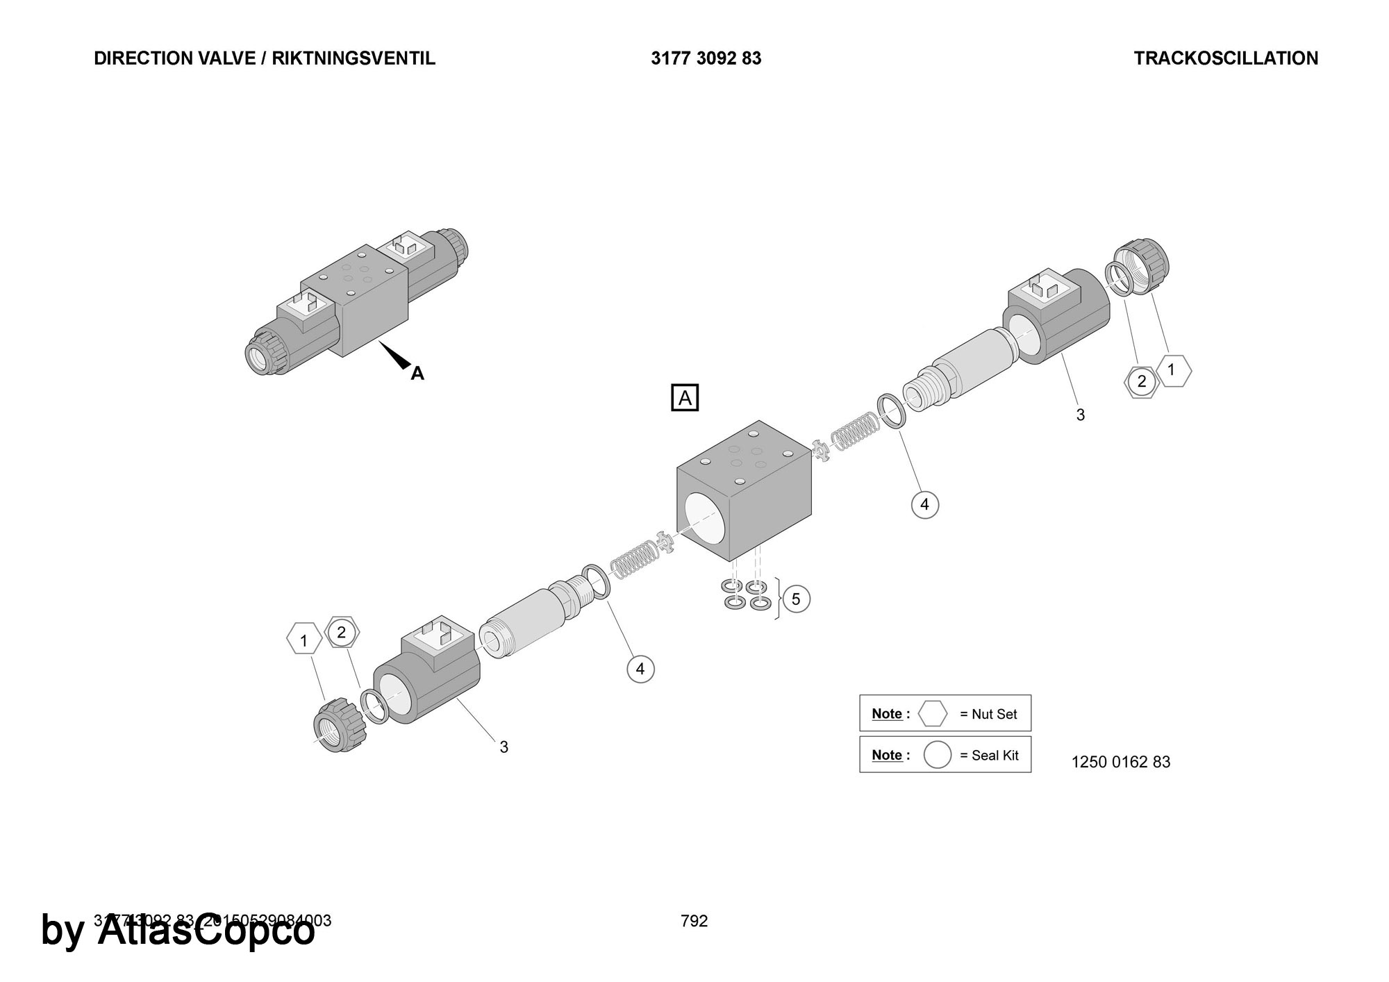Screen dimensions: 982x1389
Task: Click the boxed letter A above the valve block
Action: [685, 398]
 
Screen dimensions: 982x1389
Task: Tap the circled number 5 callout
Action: [796, 599]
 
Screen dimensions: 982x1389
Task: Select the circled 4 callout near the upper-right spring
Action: [924, 504]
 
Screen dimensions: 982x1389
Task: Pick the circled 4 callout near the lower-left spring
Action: [640, 669]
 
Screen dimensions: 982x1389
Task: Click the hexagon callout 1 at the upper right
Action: [1172, 370]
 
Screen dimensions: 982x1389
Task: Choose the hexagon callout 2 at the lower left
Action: [341, 632]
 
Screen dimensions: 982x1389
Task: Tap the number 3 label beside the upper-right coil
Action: [1080, 415]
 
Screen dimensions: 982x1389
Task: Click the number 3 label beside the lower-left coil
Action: [504, 747]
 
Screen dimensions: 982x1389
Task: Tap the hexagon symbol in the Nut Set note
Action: [933, 713]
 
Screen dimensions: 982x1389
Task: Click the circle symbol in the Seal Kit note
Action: [937, 755]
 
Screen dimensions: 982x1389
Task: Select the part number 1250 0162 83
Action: [1120, 762]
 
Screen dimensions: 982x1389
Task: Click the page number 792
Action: [694, 921]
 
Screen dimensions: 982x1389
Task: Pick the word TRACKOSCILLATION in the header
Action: [1226, 58]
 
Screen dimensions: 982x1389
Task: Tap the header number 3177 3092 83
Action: [706, 58]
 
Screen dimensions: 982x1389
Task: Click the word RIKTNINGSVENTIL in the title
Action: [354, 58]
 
